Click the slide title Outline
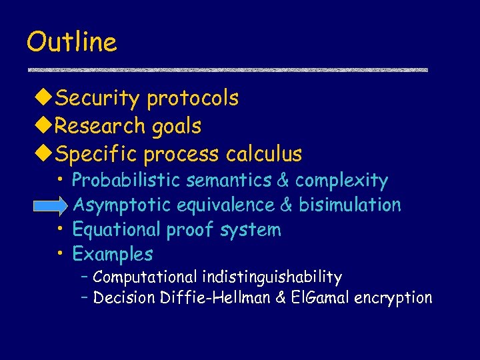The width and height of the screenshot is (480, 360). (x=71, y=42)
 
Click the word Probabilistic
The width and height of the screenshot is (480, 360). (x=127, y=181)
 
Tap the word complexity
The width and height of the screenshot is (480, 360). (x=341, y=181)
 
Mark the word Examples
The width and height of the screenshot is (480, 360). (x=112, y=255)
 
